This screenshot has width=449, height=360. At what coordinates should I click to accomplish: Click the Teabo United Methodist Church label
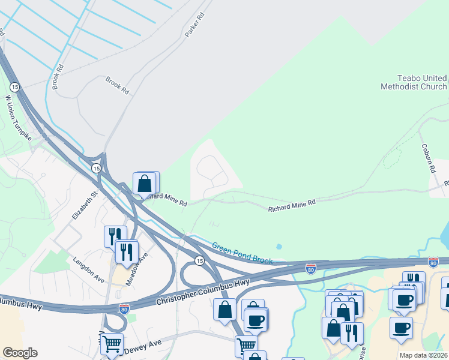coord(414,82)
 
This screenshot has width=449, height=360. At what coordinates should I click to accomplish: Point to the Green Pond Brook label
coord(242,253)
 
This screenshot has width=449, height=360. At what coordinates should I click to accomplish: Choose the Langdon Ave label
coord(88,270)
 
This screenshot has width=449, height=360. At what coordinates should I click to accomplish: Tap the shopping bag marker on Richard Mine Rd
coord(145,184)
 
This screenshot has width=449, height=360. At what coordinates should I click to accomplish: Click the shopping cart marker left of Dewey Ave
coord(111,344)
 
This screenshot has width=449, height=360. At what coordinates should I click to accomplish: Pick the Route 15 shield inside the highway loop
coord(199,260)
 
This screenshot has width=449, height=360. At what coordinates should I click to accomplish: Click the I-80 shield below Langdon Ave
coord(124,309)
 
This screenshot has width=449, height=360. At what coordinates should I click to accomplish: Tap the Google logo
coord(20,353)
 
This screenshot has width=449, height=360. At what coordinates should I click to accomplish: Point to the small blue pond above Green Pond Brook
coord(279,246)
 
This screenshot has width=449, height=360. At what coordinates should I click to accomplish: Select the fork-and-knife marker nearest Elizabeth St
coord(114,235)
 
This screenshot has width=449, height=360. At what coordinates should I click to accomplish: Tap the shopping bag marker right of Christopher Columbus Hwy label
coord(224,310)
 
